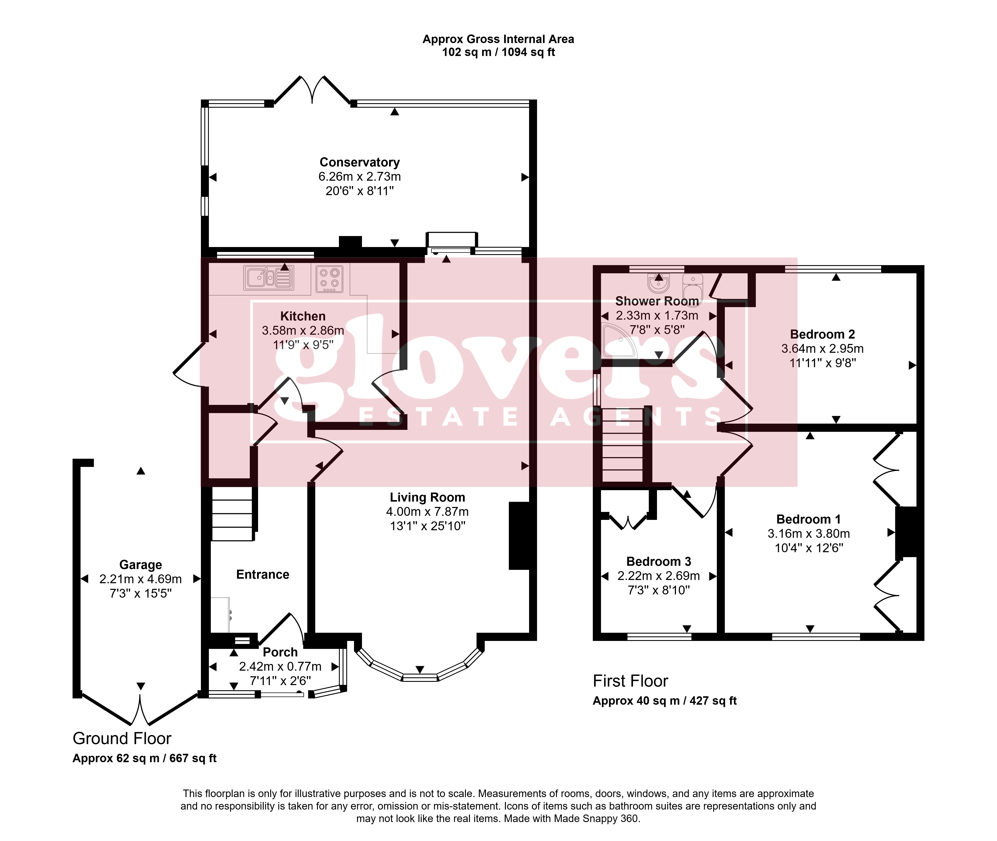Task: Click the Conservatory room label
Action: (x=359, y=163)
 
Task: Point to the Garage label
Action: (x=141, y=565)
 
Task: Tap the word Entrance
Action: (x=262, y=575)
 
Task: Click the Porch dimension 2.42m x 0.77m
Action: (x=280, y=667)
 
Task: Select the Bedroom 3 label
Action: (x=659, y=562)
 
